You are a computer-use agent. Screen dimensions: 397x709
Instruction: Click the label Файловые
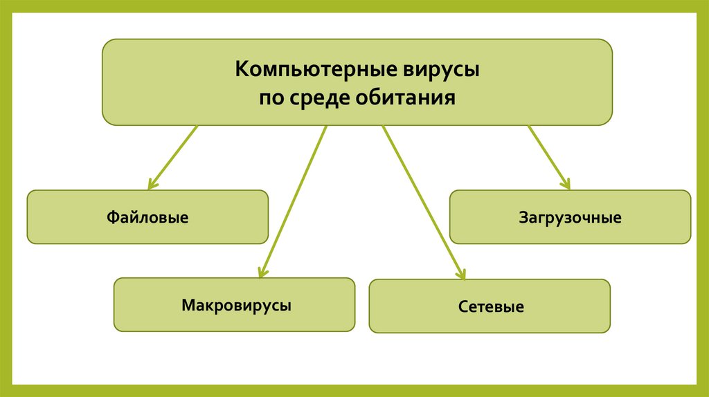click(x=147, y=218)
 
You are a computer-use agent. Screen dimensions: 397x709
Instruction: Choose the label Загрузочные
click(x=570, y=218)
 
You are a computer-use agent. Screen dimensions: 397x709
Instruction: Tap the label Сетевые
click(x=490, y=306)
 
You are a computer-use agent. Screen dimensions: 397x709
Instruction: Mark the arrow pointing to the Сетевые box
click(x=422, y=201)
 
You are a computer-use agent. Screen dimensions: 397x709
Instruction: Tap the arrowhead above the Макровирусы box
click(x=262, y=273)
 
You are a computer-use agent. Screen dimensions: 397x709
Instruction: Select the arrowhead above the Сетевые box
click(x=461, y=275)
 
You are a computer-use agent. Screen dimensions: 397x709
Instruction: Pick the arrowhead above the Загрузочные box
click(x=566, y=184)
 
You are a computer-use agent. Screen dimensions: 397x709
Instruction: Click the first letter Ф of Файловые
click(x=111, y=218)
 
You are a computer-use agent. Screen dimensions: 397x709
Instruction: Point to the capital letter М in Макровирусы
click(x=188, y=304)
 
